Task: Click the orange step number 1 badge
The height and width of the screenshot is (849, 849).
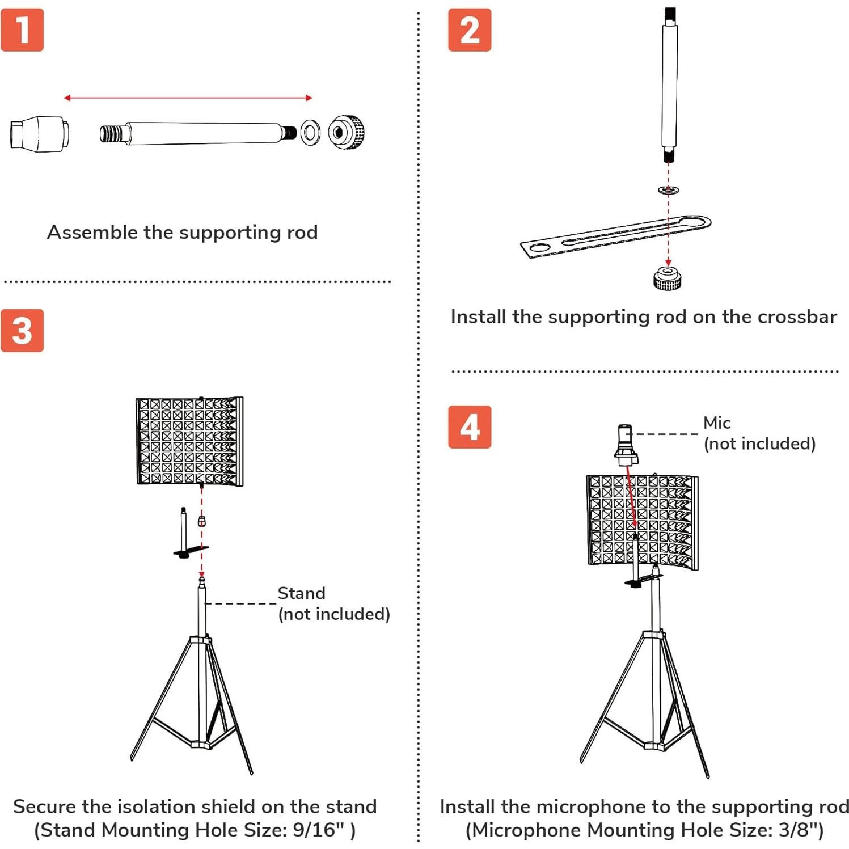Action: coord(22,30)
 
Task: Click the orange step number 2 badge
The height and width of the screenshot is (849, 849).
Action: coord(470,30)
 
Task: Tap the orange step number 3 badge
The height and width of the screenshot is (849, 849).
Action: coord(22,331)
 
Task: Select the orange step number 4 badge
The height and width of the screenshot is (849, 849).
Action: coord(470,427)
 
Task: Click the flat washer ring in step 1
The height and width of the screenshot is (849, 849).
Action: coord(310,133)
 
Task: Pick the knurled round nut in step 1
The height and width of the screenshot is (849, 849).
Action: coord(346,132)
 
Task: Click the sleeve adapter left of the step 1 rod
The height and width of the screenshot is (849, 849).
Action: coord(39,134)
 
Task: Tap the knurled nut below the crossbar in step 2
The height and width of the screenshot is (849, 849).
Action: coord(668,278)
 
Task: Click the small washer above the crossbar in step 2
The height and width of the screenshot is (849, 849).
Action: coord(669,190)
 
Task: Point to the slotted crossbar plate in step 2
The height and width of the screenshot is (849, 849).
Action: coord(615,236)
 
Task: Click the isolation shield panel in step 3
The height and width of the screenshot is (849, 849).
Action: coord(189,442)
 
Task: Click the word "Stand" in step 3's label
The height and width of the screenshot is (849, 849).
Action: coord(301,593)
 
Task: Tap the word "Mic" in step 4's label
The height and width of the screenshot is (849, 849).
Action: coord(717,423)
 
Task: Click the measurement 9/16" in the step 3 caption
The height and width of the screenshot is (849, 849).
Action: coord(319,830)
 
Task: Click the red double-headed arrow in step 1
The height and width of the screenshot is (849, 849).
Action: coord(188,98)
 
